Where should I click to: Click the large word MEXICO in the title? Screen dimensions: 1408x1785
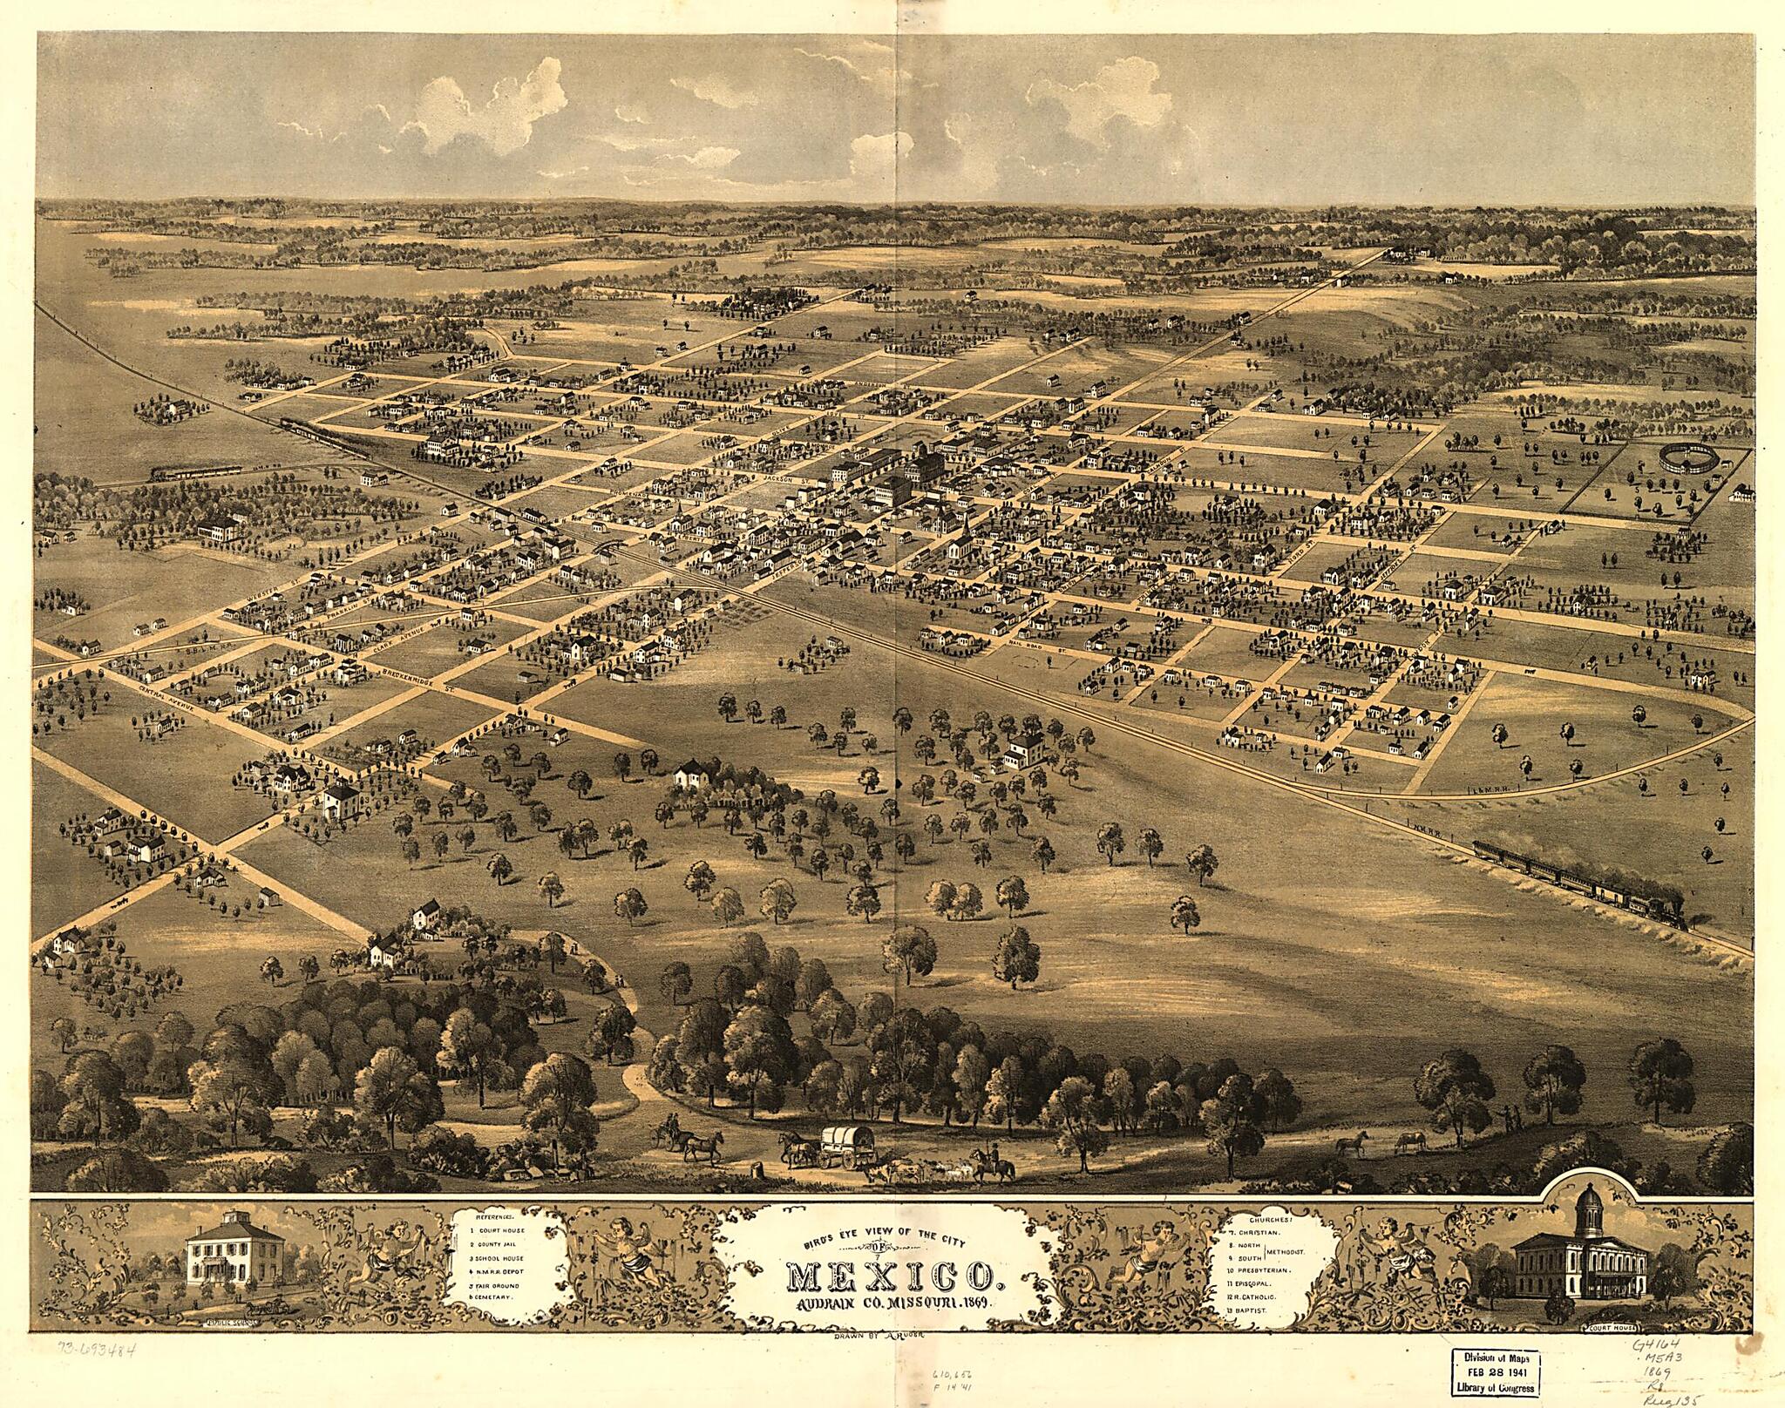click(892, 1277)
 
